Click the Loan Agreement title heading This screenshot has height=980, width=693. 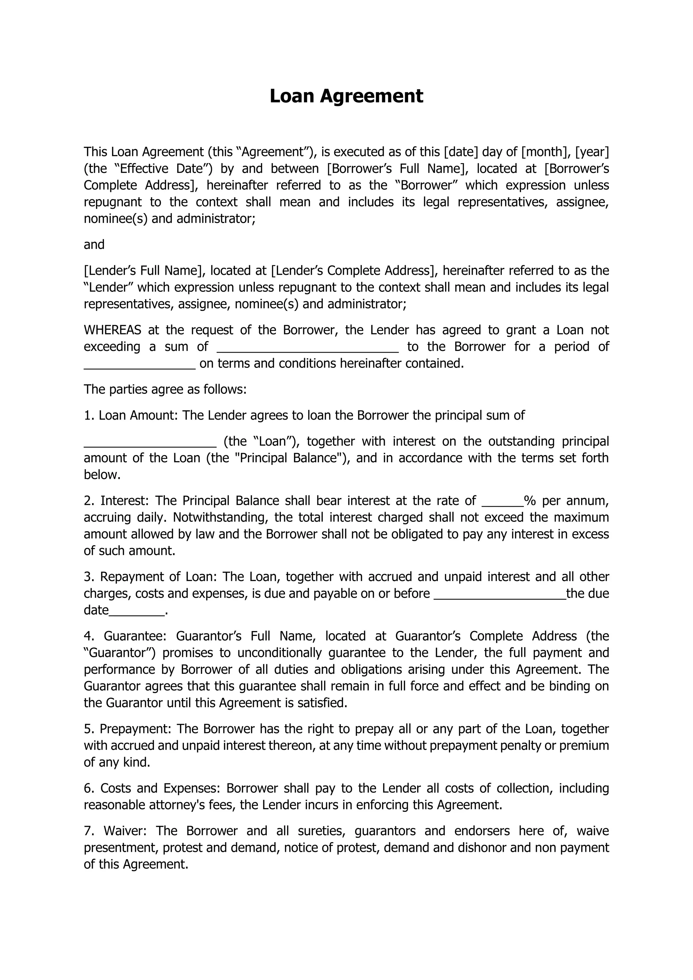(346, 96)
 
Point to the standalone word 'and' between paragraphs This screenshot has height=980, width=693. (94, 245)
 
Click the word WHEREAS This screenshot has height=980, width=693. (112, 330)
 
